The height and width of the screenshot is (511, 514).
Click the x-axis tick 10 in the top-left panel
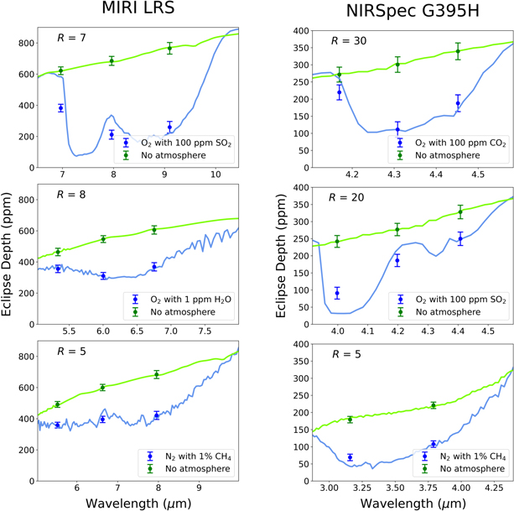coord(215,174)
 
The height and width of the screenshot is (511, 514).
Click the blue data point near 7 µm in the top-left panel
coord(61,108)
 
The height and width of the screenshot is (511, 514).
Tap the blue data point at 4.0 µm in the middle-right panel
coord(338,294)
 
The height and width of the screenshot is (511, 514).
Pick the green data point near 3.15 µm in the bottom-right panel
coord(350,420)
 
